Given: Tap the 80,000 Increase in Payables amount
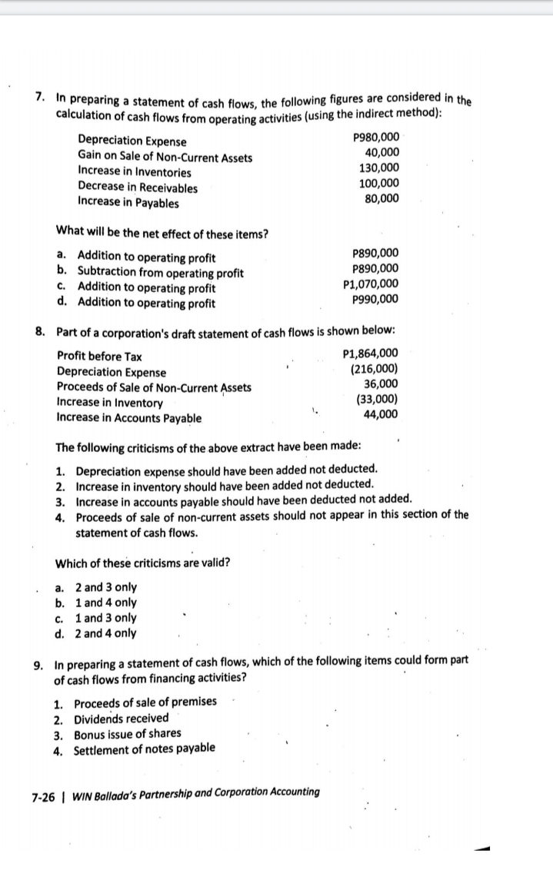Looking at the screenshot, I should (382, 198).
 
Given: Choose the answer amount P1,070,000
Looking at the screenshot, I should (371, 284).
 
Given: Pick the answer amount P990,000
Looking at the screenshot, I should (375, 299).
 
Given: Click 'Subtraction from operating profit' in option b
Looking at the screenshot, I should (159, 272).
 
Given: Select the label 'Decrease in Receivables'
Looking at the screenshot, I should (138, 188).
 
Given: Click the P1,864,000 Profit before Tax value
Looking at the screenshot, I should (369, 354).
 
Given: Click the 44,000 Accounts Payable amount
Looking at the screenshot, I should (381, 414).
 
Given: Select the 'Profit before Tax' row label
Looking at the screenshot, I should (99, 357).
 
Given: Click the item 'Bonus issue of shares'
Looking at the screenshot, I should (127, 733).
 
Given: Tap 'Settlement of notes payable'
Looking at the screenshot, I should (144, 749).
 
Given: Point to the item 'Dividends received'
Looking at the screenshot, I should (121, 718).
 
